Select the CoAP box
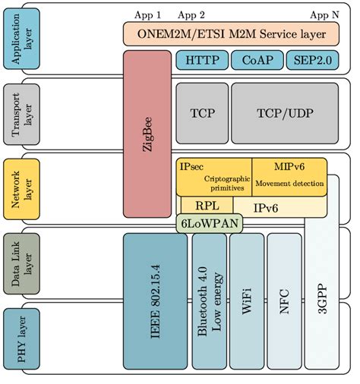click(257, 60)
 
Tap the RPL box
click(203, 205)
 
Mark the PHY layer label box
click(21, 339)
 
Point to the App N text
click(325, 14)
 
